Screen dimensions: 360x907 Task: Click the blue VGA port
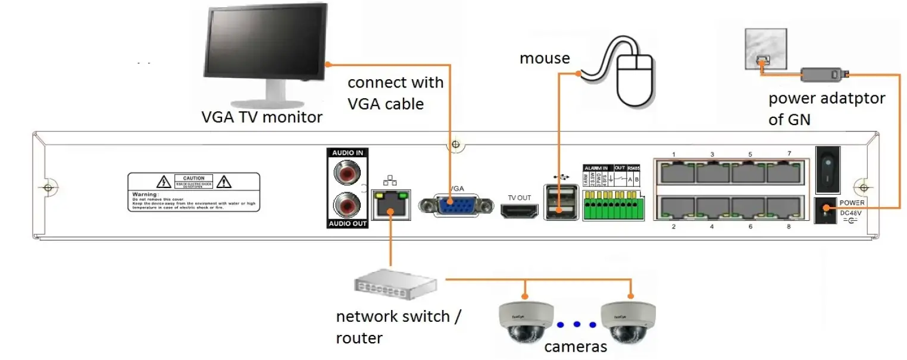[x=455, y=205]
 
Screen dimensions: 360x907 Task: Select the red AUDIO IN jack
[x=348, y=174]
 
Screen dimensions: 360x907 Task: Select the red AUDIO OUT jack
[x=348, y=206]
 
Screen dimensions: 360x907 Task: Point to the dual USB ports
[x=559, y=202]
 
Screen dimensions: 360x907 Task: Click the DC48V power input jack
[x=827, y=210]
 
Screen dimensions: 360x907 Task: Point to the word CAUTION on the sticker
[x=193, y=178]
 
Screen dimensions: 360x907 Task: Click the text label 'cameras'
[x=576, y=347]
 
